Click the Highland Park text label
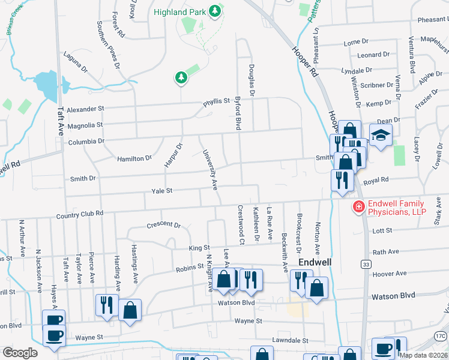point(179,12)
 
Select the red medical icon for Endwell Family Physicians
point(358,207)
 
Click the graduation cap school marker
point(380,135)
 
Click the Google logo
point(19,353)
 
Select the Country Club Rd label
point(80,214)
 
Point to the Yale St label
point(162,190)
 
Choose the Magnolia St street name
point(85,125)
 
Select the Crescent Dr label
point(163,226)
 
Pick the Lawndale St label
point(290,340)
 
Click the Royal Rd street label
point(376,179)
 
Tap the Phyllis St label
point(217,101)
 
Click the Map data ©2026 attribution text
point(423,355)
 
